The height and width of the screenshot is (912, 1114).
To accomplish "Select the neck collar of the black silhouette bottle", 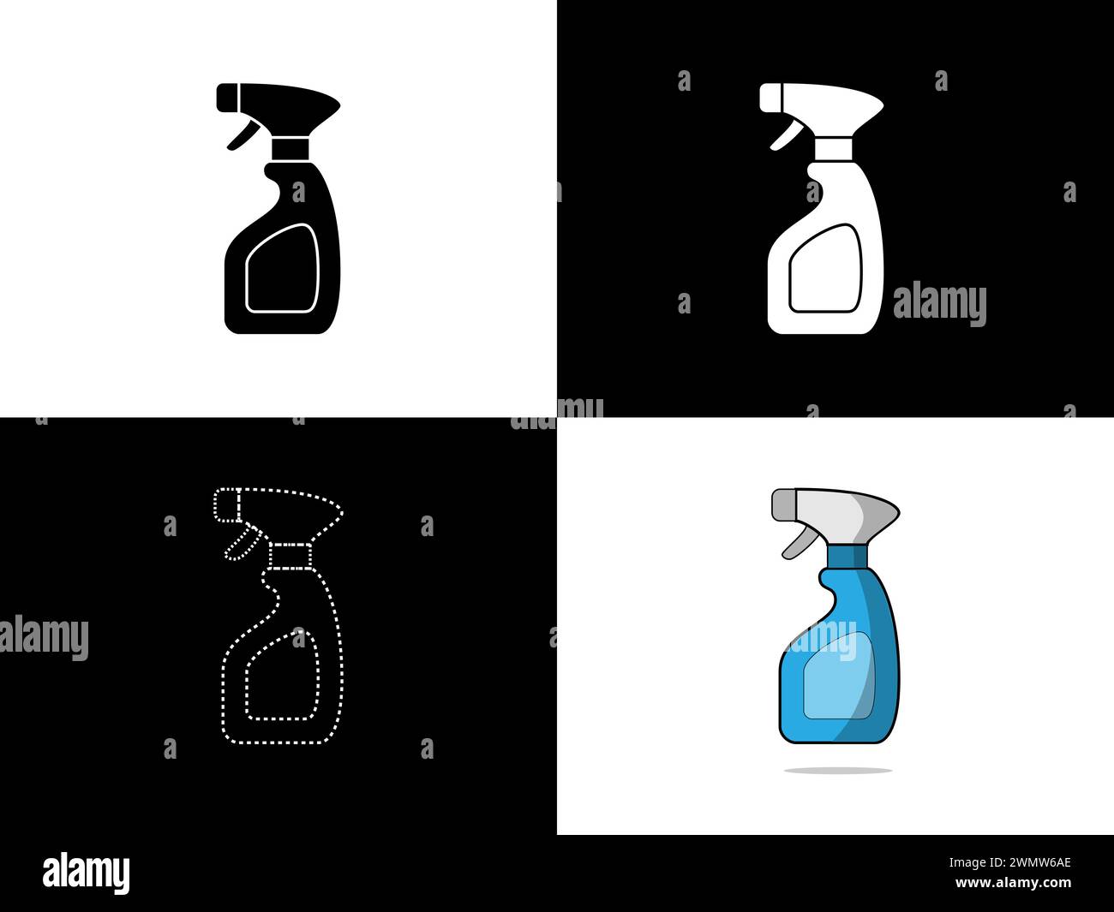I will coord(290,149).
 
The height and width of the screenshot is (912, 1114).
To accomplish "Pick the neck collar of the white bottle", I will coord(834,149).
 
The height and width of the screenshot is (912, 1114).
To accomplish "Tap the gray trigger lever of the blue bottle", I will coord(796,542).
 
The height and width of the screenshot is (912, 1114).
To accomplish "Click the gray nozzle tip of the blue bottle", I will coord(782,504).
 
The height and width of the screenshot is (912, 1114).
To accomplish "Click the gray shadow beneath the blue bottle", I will coord(838,771).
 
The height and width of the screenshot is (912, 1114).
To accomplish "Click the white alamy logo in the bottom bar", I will coord(86,873).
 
